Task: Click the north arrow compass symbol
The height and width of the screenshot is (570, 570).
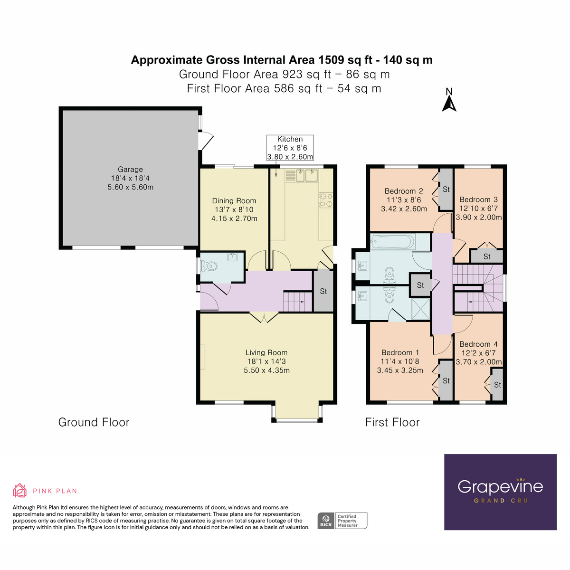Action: click(449, 100)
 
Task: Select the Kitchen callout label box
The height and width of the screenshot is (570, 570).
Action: click(290, 148)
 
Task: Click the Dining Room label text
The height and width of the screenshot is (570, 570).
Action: click(234, 201)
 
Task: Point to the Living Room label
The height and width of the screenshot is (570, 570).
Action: click(266, 352)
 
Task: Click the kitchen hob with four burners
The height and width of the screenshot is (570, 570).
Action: click(326, 199)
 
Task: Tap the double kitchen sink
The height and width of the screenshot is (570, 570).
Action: click(302, 176)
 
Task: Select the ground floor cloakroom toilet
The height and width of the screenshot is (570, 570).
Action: click(209, 266)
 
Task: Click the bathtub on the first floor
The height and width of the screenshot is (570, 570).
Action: click(392, 242)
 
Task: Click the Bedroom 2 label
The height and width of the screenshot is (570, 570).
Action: click(404, 191)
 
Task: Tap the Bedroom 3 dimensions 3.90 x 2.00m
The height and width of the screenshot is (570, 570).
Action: click(479, 217)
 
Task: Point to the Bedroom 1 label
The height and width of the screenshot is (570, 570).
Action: click(400, 352)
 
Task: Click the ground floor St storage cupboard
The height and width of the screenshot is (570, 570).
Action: click(323, 291)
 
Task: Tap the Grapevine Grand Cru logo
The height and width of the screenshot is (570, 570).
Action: click(500, 492)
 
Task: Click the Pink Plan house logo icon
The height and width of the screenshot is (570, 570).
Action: click(20, 490)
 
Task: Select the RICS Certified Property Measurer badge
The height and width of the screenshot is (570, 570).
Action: click(342, 521)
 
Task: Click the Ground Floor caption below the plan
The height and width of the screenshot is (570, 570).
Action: click(94, 422)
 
